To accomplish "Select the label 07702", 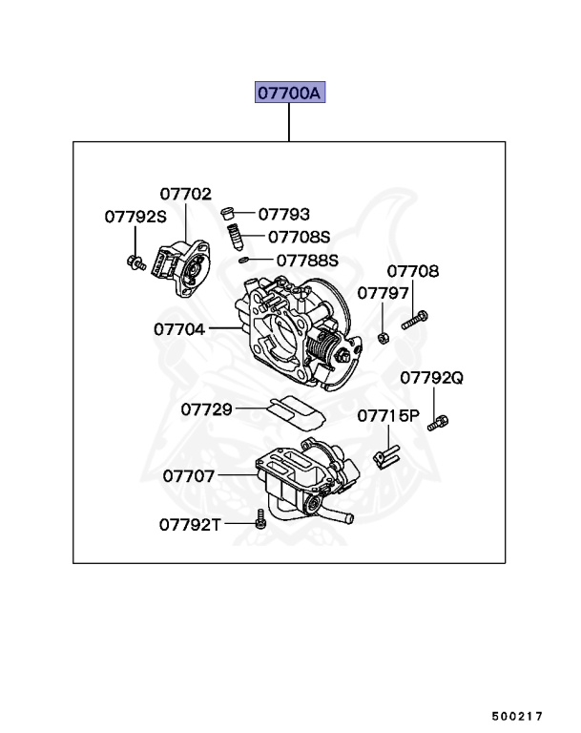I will tap(185, 194).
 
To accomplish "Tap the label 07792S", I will tap(135, 217).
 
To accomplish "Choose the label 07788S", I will tap(307, 260).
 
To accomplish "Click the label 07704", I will tap(178, 328).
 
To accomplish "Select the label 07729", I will tap(206, 409).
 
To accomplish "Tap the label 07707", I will tap(188, 474).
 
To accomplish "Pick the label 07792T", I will tap(190, 524).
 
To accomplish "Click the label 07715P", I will tap(388, 416).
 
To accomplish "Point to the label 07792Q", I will tap(431, 378).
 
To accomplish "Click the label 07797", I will tap(383, 293).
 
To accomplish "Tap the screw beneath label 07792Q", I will tap(439, 421).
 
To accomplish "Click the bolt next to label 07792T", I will tap(260, 518).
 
